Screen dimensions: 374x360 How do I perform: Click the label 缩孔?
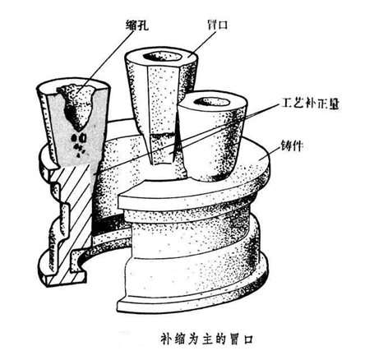(137, 25)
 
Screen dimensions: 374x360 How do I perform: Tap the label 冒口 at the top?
(217, 25)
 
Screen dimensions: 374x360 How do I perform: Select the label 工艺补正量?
(310, 104)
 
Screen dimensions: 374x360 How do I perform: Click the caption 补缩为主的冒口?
(206, 339)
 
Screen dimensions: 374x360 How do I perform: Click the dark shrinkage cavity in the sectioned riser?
(76, 107)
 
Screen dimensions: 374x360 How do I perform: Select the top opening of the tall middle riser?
(163, 57)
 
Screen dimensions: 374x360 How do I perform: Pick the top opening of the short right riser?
(211, 102)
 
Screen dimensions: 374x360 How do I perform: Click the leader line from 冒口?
(201, 43)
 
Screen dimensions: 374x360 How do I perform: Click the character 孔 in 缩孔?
(143, 25)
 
